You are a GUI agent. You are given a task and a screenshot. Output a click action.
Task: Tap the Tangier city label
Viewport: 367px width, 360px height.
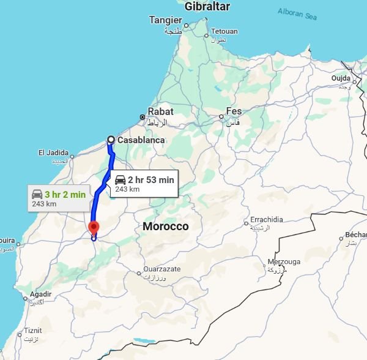click(166, 20)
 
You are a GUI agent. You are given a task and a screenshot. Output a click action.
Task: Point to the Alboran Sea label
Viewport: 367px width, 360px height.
click(298, 12)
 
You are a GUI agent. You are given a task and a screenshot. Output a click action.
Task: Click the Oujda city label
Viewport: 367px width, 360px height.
click(341, 78)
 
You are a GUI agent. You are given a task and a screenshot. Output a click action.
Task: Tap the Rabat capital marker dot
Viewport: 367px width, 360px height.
click(143, 116)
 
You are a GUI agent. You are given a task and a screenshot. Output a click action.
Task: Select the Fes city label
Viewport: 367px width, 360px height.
click(234, 111)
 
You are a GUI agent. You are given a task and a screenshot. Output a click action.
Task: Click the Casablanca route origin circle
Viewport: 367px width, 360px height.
click(111, 140)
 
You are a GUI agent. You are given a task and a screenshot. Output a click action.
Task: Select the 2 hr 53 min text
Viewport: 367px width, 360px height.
click(150, 179)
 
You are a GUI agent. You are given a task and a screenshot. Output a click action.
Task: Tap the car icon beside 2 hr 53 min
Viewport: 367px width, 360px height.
click(120, 179)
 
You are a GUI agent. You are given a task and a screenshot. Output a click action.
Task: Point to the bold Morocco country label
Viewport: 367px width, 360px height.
click(166, 227)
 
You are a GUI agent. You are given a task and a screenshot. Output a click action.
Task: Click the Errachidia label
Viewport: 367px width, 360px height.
click(266, 220)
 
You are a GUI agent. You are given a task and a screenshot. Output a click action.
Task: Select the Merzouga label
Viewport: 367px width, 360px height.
click(284, 261)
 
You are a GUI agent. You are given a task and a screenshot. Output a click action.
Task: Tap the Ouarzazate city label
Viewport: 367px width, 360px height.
click(163, 269)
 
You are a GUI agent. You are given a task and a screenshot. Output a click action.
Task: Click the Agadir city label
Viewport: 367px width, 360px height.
click(39, 294)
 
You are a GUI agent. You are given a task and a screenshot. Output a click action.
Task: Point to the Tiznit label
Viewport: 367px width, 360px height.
click(33, 331)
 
